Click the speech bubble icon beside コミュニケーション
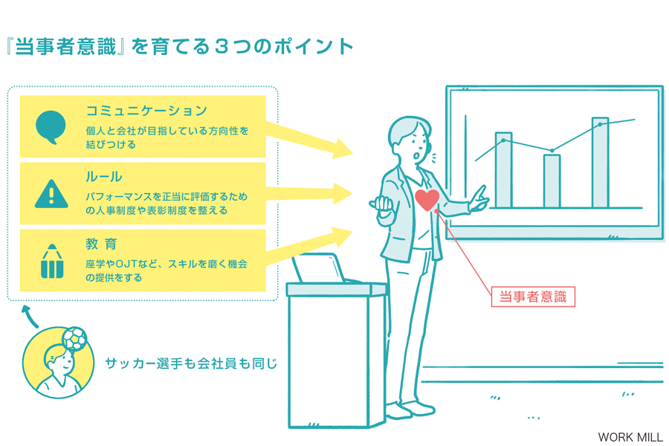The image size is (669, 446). point(51,127)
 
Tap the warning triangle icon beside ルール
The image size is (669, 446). point(51,194)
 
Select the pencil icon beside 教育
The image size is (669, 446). point(52,261)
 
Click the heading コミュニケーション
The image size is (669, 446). point(146,111)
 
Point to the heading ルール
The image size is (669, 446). point(103,177)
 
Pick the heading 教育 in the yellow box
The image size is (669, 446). point(101,244)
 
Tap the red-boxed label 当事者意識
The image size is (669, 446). point(533,297)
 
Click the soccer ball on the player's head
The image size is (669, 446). point(74,339)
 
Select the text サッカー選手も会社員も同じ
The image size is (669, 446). point(191,363)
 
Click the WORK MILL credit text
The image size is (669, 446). point(630,437)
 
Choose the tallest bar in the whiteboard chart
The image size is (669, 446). point(600,163)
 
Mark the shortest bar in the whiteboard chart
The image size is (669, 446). point(552,181)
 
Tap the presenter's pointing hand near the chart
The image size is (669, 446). point(479,199)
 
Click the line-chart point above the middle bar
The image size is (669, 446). point(552,151)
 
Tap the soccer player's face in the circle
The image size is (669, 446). point(59,362)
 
